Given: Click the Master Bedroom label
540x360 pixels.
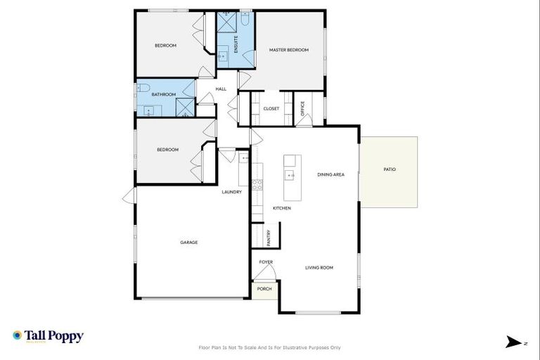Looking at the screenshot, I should pyautogui.click(x=289, y=50).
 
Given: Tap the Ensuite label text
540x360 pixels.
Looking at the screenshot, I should pyautogui.click(x=236, y=44).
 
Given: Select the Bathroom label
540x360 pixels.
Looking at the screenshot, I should pyautogui.click(x=163, y=94).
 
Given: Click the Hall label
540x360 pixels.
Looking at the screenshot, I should pyautogui.click(x=221, y=89).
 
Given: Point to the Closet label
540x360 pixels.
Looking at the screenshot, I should pyautogui.click(x=271, y=108).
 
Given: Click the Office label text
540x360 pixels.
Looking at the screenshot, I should pyautogui.click(x=302, y=108).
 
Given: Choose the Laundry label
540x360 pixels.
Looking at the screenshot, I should pyautogui.click(x=232, y=192).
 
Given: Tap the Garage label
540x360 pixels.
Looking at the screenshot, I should pyautogui.click(x=188, y=242).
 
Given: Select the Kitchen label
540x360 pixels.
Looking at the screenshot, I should pyautogui.click(x=282, y=208).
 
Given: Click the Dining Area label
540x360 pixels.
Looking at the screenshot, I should pyautogui.click(x=330, y=174).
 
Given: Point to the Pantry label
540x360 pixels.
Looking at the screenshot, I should pyautogui.click(x=269, y=238).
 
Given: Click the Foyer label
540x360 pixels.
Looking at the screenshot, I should pyautogui.click(x=266, y=262).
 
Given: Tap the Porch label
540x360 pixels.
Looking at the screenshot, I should pyautogui.click(x=264, y=289).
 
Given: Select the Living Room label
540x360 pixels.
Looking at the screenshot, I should pyautogui.click(x=319, y=267).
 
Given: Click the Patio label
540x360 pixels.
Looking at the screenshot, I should pyautogui.click(x=390, y=169).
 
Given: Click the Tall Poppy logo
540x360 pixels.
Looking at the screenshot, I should pyautogui.click(x=48, y=336).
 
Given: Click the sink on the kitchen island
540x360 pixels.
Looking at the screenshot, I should pyautogui.click(x=288, y=174).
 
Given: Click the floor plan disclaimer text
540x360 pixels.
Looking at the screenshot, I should pyautogui.click(x=270, y=347).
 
